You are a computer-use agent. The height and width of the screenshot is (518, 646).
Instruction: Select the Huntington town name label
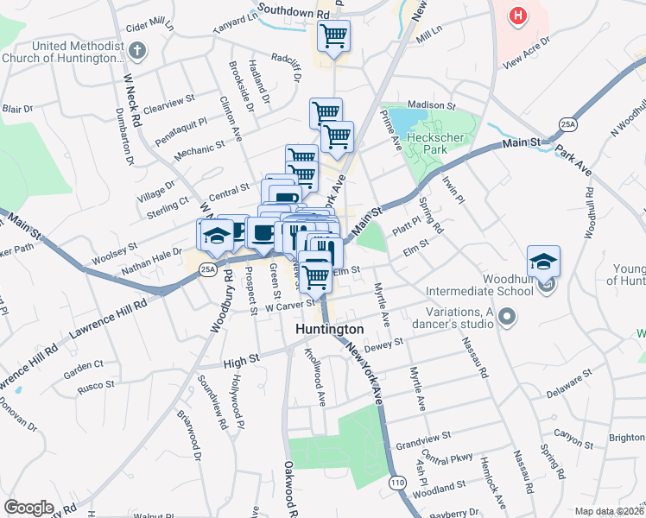(x=329, y=330)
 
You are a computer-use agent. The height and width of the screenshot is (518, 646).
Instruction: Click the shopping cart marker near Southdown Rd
(x=332, y=35)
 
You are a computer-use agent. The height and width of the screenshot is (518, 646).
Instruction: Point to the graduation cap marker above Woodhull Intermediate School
(x=543, y=260)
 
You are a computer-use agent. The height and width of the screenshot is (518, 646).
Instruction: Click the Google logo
(x=29, y=508)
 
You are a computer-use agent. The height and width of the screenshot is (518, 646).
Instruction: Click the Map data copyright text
(x=609, y=511)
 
